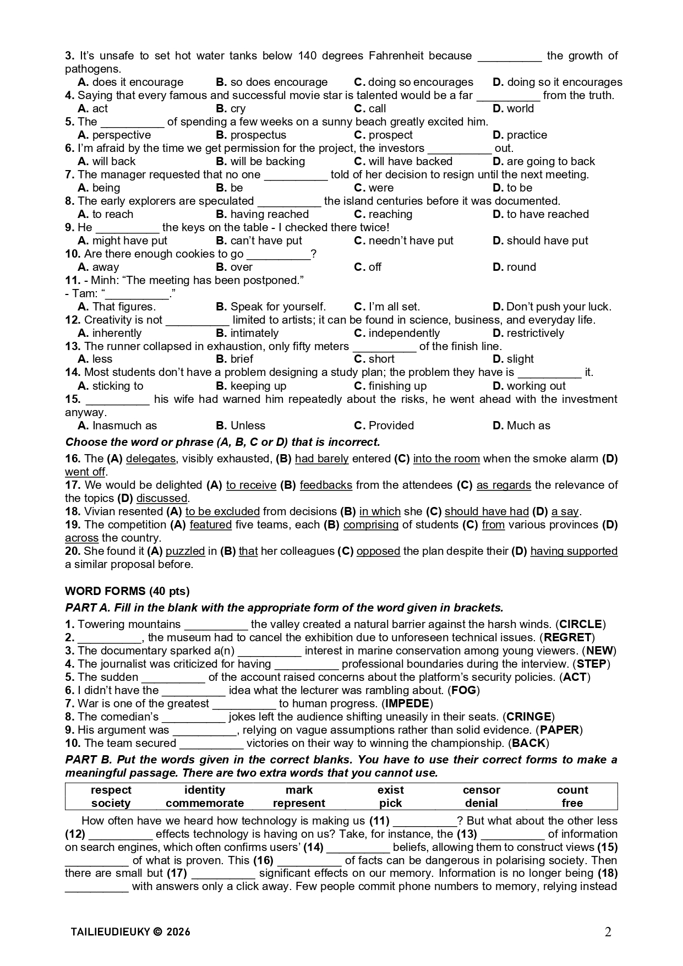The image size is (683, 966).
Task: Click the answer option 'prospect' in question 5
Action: tap(390, 135)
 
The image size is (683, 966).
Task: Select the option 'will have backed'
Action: tap(410, 161)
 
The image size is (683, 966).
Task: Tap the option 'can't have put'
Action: tap(266, 241)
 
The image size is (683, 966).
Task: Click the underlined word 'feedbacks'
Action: tap(326, 485)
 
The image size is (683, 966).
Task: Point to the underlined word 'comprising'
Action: tap(370, 525)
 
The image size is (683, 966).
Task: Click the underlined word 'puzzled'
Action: tap(185, 551)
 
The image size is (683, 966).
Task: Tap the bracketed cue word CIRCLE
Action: tap(581, 624)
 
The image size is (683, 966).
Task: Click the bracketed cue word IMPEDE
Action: tap(407, 703)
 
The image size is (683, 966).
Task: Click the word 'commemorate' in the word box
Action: tap(205, 803)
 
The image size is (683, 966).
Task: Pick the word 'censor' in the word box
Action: tap(481, 790)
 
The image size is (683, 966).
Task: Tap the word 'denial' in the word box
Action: tap(481, 803)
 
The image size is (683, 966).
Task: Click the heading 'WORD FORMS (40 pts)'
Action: tap(127, 591)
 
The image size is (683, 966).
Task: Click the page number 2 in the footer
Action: tap(608, 932)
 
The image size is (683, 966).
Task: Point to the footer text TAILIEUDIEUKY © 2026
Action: tap(130, 932)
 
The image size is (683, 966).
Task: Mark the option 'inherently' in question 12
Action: tap(117, 333)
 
